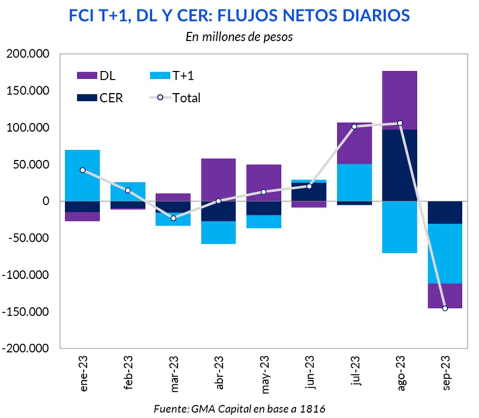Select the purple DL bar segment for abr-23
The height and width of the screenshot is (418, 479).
click(x=218, y=179)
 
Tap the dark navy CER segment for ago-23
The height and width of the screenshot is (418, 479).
click(x=400, y=165)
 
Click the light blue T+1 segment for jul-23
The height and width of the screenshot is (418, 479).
click(x=354, y=182)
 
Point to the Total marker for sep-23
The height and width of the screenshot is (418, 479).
click(x=445, y=308)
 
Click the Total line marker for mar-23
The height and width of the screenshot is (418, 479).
click(x=173, y=218)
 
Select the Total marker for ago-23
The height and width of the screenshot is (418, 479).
click(x=400, y=123)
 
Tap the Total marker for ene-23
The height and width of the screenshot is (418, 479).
click(x=82, y=170)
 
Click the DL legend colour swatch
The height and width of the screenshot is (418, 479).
click(x=87, y=76)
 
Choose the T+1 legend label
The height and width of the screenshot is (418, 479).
click(x=182, y=76)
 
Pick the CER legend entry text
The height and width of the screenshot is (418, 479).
click(x=111, y=98)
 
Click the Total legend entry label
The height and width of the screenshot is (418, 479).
click(x=186, y=98)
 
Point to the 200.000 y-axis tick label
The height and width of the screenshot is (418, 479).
click(x=28, y=54)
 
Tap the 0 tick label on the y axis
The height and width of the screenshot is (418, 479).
click(x=46, y=201)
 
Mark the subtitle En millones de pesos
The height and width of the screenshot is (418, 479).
click(x=239, y=37)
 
